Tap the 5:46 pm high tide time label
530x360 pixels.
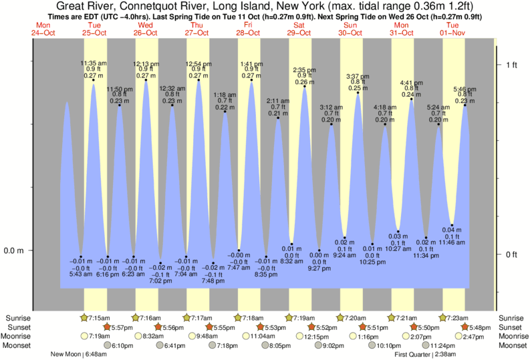point(465,89)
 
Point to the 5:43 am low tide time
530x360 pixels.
point(80,274)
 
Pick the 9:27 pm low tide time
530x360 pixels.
point(319,269)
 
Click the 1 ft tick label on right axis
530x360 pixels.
point(511,65)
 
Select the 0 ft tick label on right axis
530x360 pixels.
point(511,254)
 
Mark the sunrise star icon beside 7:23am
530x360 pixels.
point(442,317)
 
